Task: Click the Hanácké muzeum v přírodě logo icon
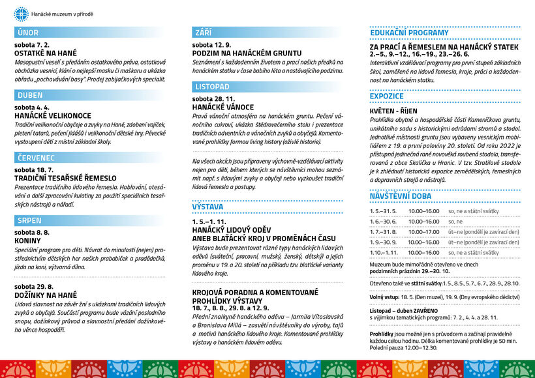click(22, 12)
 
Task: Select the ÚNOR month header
click(29, 33)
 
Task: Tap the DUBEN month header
click(30, 95)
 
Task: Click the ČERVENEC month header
click(37, 157)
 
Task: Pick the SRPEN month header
click(29, 220)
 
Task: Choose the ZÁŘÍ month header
click(203, 33)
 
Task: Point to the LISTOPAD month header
click(212, 86)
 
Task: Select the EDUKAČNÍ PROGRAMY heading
click(409, 33)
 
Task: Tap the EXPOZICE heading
click(387, 96)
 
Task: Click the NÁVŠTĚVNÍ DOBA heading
click(400, 196)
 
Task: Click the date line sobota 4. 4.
click(32, 108)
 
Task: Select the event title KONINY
click(28, 240)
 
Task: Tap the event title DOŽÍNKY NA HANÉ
click(46, 295)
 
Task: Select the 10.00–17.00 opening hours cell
click(424, 231)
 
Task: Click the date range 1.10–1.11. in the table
click(383, 252)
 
